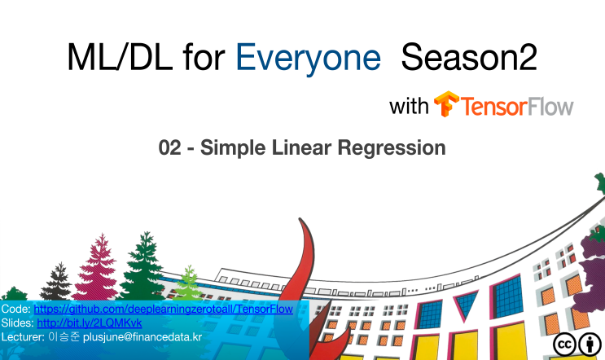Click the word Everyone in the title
click(x=308, y=59)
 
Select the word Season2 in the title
click(x=470, y=59)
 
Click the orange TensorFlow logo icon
click(x=446, y=106)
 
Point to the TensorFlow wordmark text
click(x=518, y=107)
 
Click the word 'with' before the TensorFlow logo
click(x=409, y=107)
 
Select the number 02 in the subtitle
click(x=170, y=148)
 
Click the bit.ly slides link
click(x=89, y=323)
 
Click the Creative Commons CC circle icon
click(x=565, y=345)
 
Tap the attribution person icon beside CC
click(x=590, y=345)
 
